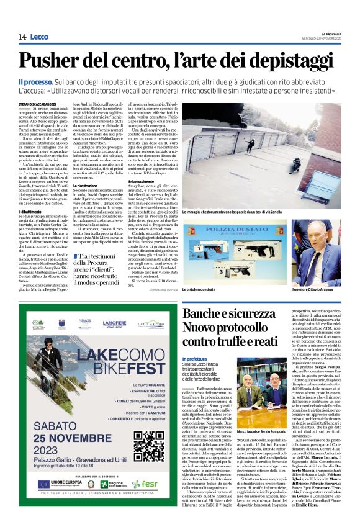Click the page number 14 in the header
tap(22, 37)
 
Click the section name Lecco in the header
tap(40, 37)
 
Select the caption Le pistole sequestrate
tap(202, 289)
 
